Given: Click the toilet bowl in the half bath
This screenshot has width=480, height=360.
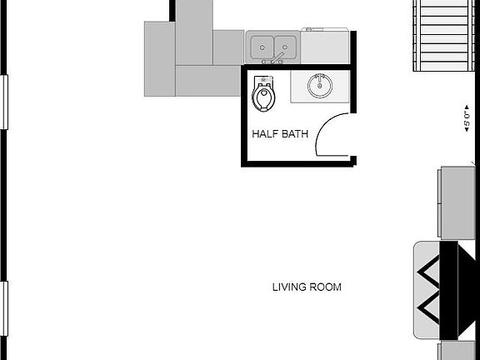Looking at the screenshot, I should [x=263, y=99].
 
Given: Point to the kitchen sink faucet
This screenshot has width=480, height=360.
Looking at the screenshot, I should [x=273, y=58].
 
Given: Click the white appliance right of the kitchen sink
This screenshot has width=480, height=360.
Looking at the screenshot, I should [x=325, y=46].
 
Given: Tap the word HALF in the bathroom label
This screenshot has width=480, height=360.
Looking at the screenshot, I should [x=265, y=133].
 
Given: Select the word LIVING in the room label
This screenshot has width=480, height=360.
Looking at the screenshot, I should [x=289, y=287].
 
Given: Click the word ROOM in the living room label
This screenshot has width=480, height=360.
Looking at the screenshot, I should [x=326, y=287].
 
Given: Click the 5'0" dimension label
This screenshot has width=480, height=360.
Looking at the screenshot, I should [x=467, y=118].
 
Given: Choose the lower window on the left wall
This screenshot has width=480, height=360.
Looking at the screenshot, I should [x=4, y=307].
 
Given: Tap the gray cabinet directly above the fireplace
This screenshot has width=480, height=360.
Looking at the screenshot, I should [x=457, y=202].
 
